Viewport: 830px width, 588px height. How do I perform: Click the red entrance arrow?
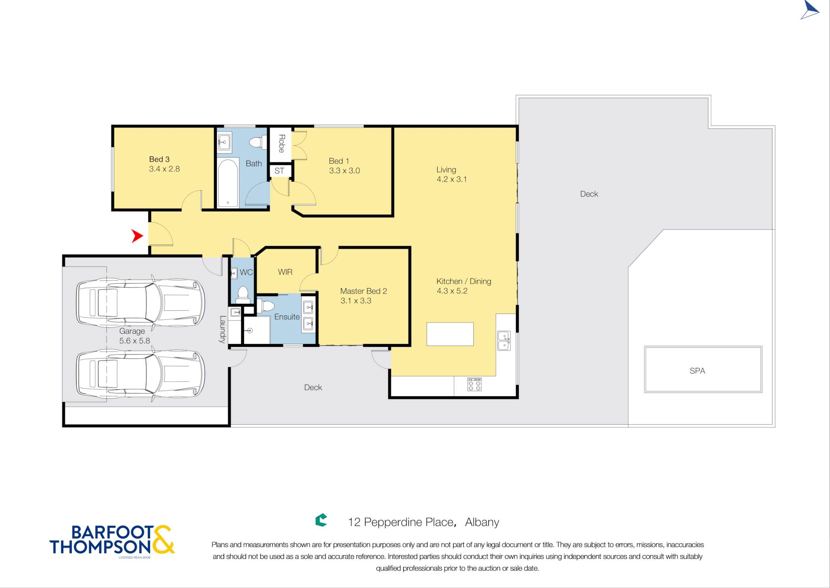(x=138, y=236)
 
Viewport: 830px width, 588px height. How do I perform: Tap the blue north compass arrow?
(x=809, y=10)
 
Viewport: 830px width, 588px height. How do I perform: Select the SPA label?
(x=697, y=371)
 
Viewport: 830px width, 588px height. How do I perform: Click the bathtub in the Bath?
(x=228, y=183)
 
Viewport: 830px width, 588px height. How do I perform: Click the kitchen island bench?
(x=450, y=334)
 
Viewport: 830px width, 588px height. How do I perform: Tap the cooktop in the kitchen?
(x=474, y=384)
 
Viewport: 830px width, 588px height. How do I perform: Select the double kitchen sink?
(x=504, y=340)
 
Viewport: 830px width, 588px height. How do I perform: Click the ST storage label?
(x=279, y=171)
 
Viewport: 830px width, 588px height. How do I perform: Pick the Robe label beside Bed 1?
(x=282, y=143)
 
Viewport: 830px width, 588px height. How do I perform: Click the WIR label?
(x=285, y=272)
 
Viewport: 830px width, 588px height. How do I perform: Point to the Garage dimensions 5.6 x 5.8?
(x=135, y=341)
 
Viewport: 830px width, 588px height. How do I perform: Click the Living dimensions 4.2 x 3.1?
(x=451, y=179)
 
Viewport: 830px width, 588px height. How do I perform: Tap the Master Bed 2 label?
(x=364, y=291)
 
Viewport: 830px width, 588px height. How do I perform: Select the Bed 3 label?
(x=159, y=159)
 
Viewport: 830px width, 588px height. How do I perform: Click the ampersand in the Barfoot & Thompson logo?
(x=163, y=539)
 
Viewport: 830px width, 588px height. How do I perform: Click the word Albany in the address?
(x=482, y=522)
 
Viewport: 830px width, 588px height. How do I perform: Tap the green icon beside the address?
(x=321, y=520)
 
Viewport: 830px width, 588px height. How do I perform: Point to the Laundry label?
(x=222, y=329)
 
